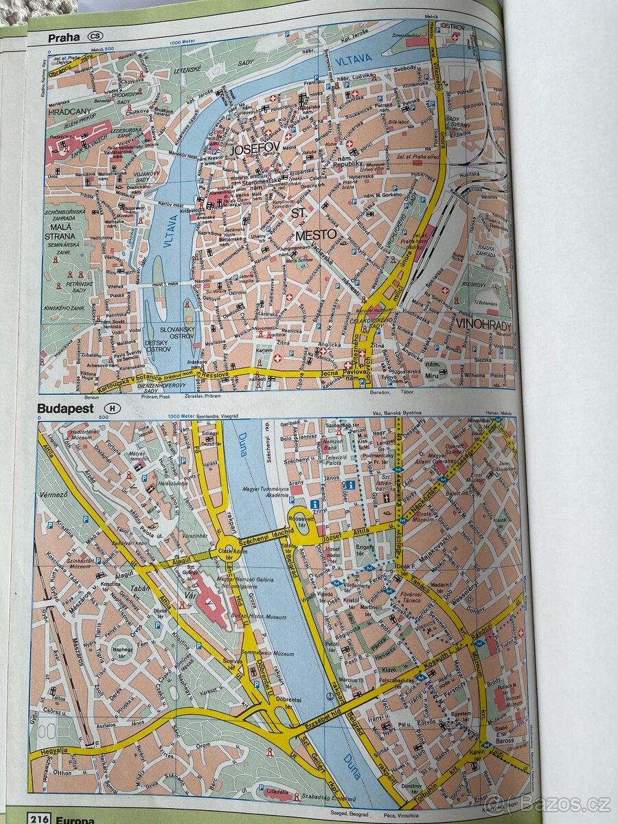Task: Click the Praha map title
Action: pyautogui.click(x=64, y=37)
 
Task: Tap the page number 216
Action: pyautogui.click(x=39, y=818)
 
